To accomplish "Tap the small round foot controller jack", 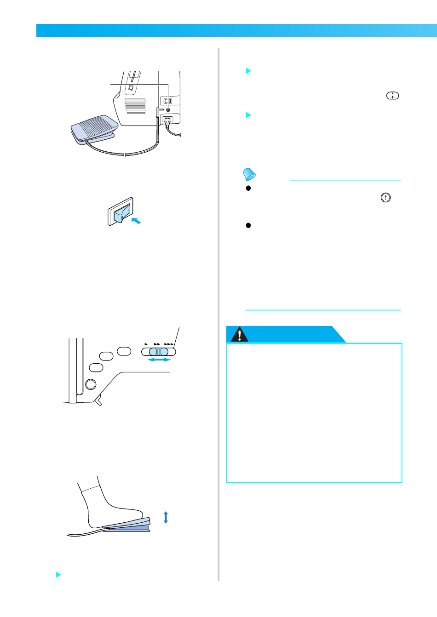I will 167,110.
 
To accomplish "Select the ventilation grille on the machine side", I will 135,106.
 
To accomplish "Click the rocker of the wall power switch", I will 122,213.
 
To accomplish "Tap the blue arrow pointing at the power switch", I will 136,221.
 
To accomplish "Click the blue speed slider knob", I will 159,352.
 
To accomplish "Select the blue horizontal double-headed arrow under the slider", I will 159,360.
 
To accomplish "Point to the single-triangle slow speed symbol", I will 146,344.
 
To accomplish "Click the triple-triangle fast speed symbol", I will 169,344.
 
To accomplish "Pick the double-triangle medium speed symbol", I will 157,344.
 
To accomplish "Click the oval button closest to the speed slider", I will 124,351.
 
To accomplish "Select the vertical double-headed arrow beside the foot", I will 166,517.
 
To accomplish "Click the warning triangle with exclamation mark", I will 239,335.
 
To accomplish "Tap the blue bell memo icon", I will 249,174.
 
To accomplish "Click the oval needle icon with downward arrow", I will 392,96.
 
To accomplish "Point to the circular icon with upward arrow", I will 385,197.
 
